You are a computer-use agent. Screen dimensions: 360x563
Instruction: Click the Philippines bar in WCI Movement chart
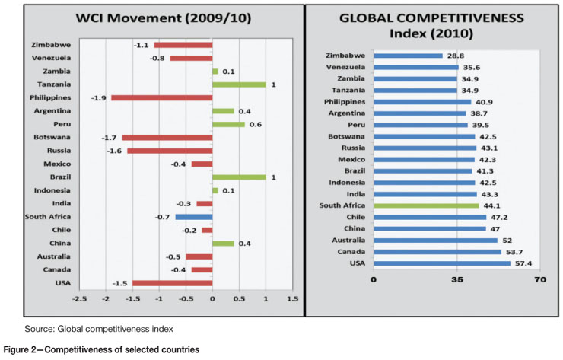tap(161, 97)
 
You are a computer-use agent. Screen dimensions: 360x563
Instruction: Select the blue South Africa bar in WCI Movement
tap(193, 216)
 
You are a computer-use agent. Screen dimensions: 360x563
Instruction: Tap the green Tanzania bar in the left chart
tap(239, 84)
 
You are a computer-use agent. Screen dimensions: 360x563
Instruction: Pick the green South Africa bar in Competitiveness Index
tap(426, 205)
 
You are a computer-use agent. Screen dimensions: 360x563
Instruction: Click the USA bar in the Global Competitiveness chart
tap(441, 263)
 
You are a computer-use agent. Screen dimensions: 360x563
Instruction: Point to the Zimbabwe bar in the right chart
tap(408, 56)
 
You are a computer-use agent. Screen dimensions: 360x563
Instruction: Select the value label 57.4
tap(524, 263)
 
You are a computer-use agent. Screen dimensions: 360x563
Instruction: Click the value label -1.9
tap(99, 97)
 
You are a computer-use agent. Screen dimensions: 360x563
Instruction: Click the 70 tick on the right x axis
tap(540, 279)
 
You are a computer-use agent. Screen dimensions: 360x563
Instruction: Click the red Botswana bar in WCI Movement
tap(167, 137)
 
